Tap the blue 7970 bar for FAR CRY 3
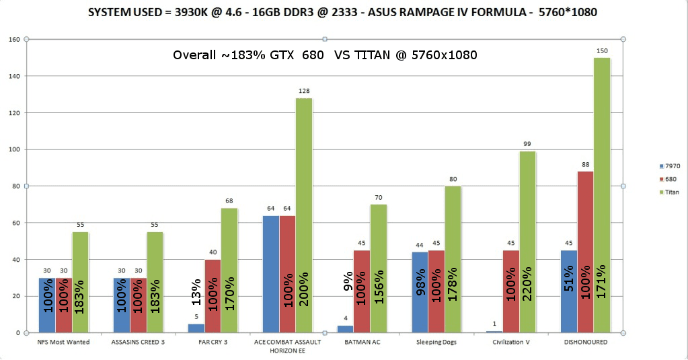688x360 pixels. tap(196, 328)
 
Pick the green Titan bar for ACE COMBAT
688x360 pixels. tap(304, 215)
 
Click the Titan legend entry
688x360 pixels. tap(672, 192)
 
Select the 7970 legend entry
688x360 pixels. tap(672, 166)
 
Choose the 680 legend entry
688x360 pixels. tap(671, 179)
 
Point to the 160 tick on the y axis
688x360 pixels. tap(13, 39)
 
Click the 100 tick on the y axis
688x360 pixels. tap(13, 149)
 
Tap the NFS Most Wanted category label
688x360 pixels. tap(64, 342)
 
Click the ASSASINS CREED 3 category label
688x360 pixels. tap(138, 342)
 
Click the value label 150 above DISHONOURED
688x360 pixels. tap(602, 51)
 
